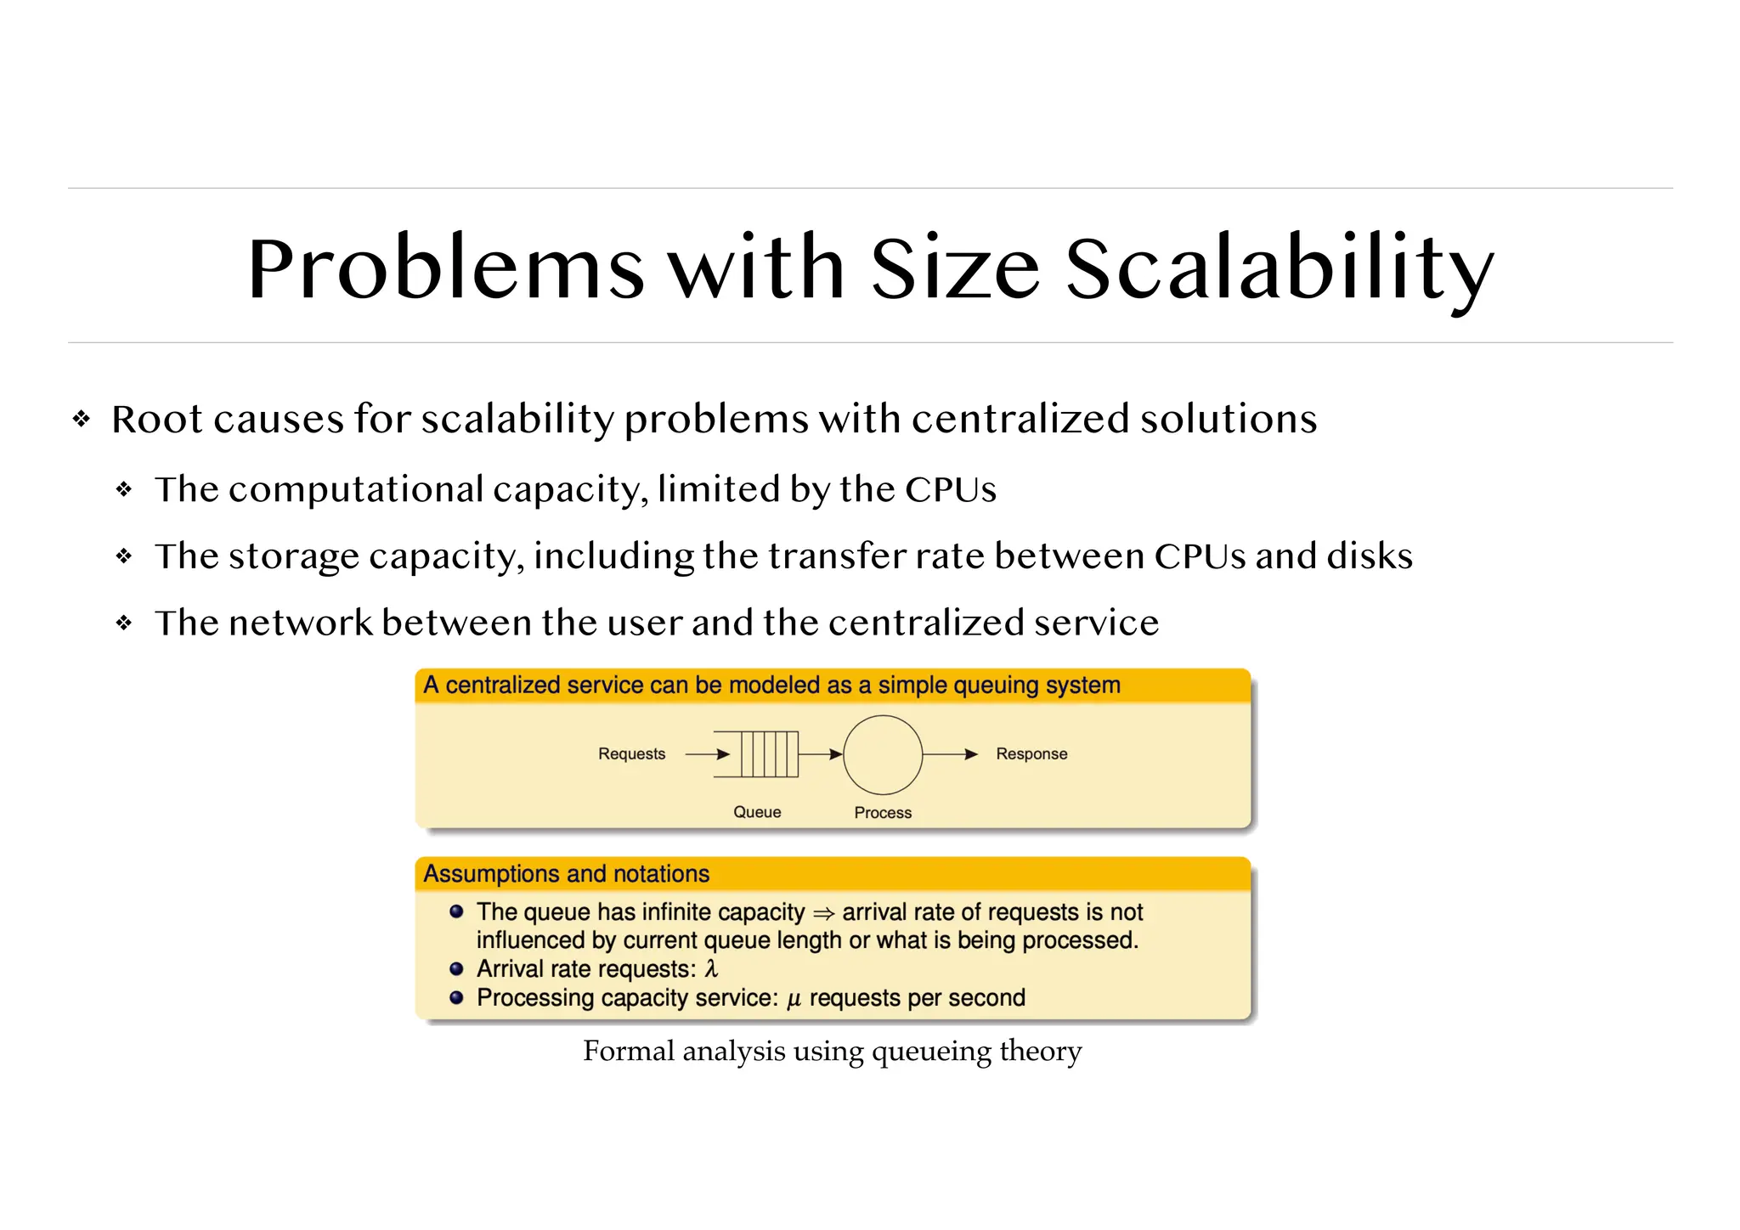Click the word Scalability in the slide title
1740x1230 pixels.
(1279, 270)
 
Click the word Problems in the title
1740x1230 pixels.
(445, 270)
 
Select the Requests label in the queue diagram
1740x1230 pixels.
(631, 754)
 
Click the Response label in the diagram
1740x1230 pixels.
(1031, 754)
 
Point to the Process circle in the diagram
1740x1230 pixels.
(883, 754)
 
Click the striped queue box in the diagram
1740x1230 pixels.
(769, 754)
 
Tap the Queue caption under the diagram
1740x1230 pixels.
(757, 812)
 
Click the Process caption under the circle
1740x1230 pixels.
(883, 813)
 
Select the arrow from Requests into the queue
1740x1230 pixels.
(707, 754)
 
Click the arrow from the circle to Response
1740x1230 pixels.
(950, 754)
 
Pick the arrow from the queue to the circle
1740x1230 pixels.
(820, 754)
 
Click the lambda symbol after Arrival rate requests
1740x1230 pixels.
(712, 969)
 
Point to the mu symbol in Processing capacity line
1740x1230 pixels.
(794, 999)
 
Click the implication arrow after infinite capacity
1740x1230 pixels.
(823, 914)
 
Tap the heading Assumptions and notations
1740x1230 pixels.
(566, 874)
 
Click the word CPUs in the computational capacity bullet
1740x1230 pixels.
(950, 490)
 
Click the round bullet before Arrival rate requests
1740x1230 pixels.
(456, 969)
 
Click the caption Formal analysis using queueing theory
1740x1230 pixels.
(832, 1052)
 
